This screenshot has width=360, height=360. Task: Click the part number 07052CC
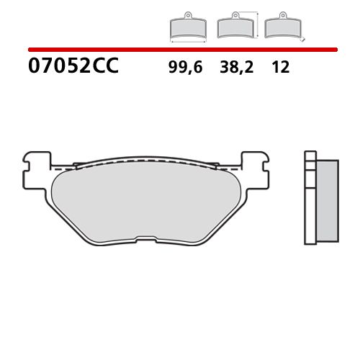pyautogui.click(x=72, y=68)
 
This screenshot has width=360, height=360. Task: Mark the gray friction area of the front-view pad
pyautogui.click(x=145, y=198)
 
